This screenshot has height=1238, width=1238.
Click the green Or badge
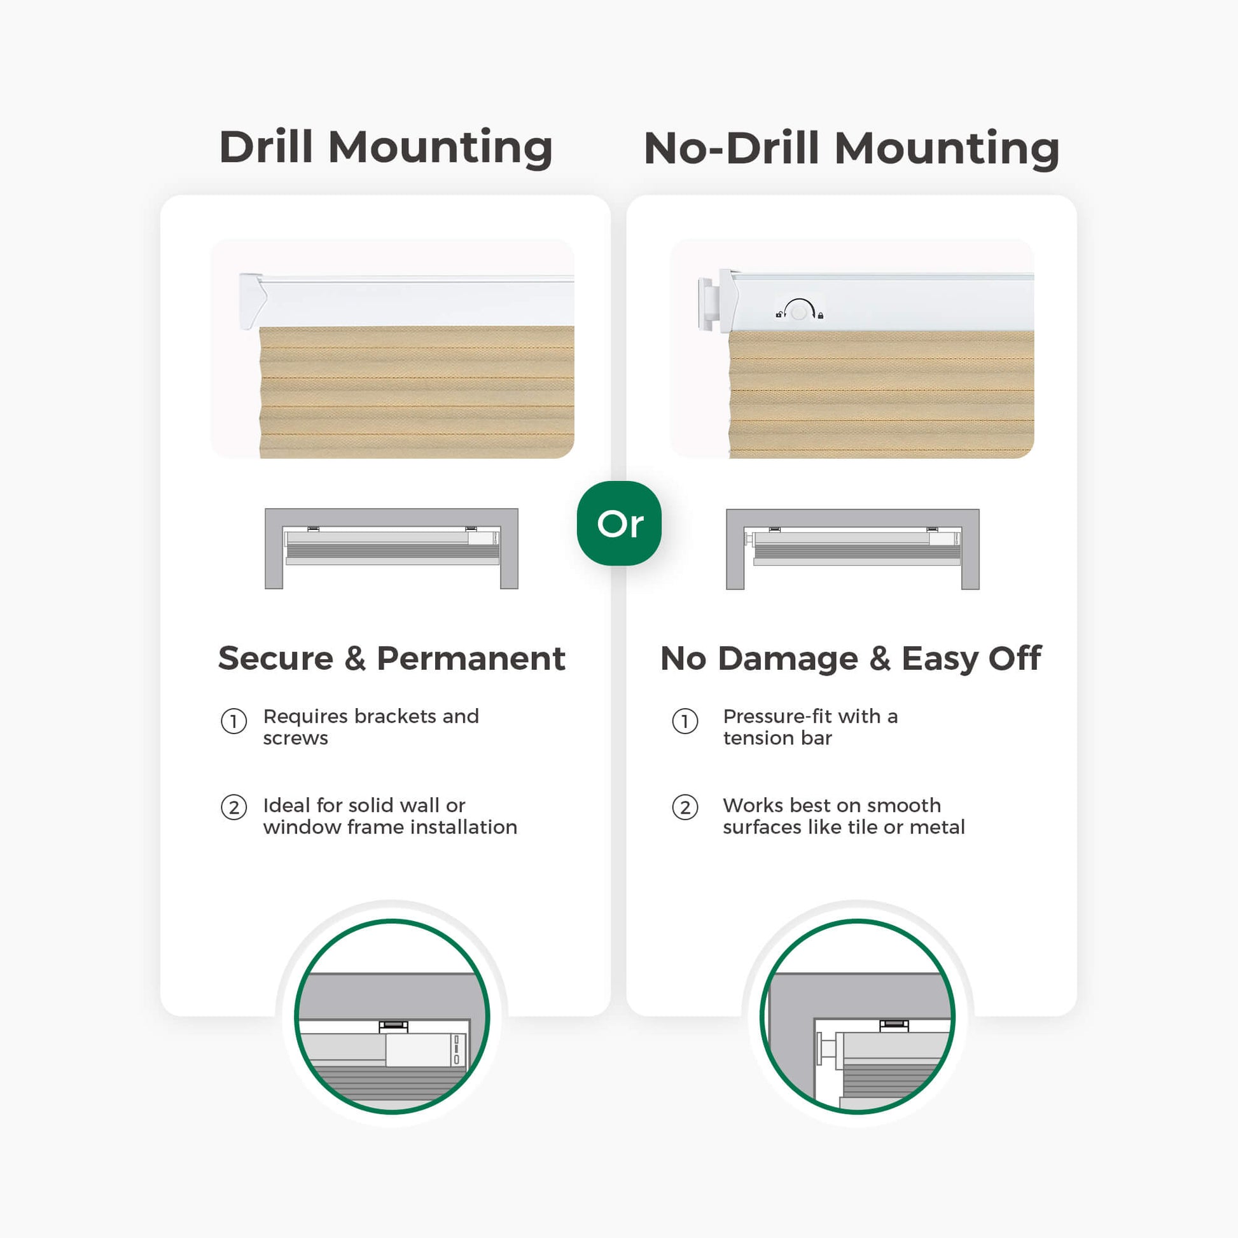(619, 524)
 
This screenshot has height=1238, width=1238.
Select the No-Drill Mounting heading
(852, 149)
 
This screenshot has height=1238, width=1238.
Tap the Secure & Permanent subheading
(391, 658)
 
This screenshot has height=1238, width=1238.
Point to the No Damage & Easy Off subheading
(851, 659)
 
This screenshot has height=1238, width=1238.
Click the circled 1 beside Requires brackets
(234, 721)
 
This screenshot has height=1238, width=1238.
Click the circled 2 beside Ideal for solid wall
(234, 807)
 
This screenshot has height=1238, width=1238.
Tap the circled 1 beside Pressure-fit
(685, 721)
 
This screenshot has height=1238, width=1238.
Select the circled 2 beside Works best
(685, 807)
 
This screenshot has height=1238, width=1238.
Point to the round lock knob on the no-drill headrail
(798, 313)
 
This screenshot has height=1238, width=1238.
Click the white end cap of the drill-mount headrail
(253, 301)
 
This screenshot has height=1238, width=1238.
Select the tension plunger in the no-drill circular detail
(826, 1050)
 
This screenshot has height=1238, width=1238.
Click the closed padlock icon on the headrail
(820, 316)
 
